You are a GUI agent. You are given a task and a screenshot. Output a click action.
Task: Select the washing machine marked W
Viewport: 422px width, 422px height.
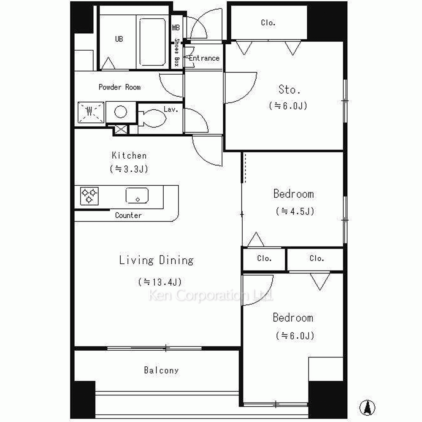click(91, 112)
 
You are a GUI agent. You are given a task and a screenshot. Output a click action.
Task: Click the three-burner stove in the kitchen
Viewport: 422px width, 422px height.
click(89, 196)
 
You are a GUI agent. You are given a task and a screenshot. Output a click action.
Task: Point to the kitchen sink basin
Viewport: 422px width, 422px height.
click(137, 195)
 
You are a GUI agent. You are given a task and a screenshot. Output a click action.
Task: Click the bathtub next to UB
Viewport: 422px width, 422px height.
click(152, 42)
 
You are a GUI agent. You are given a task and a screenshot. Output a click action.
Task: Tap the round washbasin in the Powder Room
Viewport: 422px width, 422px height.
click(121, 112)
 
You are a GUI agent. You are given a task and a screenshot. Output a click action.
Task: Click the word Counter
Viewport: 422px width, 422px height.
click(128, 215)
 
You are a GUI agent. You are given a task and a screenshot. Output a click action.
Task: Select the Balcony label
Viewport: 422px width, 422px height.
click(161, 371)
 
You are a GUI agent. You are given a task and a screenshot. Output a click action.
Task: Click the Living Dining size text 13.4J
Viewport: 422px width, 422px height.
click(160, 282)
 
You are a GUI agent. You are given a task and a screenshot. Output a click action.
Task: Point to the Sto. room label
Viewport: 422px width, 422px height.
click(289, 89)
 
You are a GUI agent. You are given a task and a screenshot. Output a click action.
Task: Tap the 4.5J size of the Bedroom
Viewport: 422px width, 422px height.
click(295, 211)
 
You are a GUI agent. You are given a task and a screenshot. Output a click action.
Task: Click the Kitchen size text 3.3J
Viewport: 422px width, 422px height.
click(129, 169)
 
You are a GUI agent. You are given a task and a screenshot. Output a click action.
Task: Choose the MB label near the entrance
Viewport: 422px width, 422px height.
click(176, 27)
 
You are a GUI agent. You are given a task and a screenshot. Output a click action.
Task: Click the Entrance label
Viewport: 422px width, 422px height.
click(204, 58)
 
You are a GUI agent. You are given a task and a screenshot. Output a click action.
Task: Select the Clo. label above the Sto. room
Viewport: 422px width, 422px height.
click(268, 23)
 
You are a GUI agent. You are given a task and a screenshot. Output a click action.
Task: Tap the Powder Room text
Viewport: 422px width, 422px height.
click(119, 87)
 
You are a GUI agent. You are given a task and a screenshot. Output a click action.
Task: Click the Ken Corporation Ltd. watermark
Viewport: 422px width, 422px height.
click(211, 295)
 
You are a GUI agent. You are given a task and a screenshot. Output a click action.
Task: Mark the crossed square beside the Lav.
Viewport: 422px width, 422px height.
click(121, 130)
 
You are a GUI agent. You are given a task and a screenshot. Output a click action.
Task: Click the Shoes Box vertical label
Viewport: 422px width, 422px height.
click(177, 52)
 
